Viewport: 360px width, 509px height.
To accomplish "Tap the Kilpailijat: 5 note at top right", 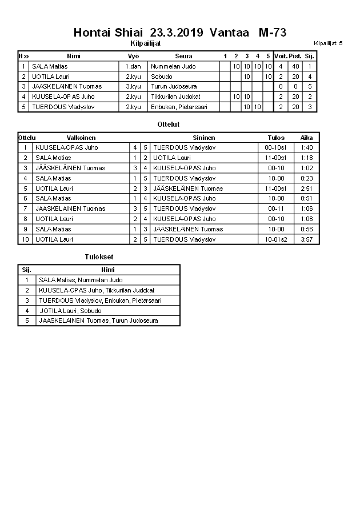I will (328, 43).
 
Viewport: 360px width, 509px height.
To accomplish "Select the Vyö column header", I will (133, 56).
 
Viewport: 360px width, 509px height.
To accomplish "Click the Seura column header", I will (183, 56).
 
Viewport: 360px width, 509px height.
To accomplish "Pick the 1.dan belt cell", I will (133, 66).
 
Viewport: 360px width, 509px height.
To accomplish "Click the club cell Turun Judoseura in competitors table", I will (172, 86).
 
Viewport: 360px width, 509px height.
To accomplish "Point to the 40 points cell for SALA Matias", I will (295, 66).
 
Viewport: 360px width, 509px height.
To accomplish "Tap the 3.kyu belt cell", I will (133, 86).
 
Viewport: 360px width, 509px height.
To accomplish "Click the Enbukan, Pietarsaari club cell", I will (179, 107).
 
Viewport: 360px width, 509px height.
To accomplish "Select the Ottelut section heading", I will (169, 124).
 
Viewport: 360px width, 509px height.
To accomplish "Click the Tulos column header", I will (276, 138).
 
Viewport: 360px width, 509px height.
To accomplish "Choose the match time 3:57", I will (307, 239).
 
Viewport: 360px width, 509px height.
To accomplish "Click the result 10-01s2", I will (276, 239).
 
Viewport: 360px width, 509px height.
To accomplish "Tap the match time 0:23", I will (307, 178).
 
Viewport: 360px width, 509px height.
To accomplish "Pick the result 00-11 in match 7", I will (276, 209).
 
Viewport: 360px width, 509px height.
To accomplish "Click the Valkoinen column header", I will (81, 138).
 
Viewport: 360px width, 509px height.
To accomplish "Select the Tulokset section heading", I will (98, 257).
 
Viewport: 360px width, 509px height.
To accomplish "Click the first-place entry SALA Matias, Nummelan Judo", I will (81, 280).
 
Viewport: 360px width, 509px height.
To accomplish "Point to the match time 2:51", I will (307, 189).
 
